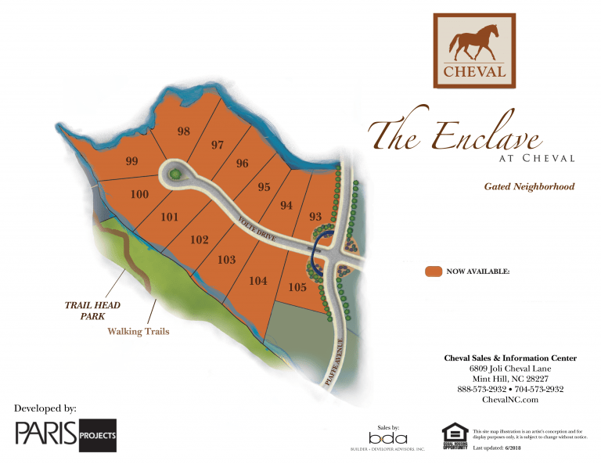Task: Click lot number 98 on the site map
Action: point(184,131)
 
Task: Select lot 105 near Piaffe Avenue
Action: point(297,288)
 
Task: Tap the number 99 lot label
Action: point(131,162)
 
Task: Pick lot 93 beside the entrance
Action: point(315,217)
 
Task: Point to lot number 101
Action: point(169,218)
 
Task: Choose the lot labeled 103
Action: point(227,260)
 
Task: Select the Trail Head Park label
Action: point(93,311)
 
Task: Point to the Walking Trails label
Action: point(139,332)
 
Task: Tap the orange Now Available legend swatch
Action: point(434,272)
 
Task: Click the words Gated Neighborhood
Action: point(529,187)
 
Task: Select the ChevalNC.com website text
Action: point(510,400)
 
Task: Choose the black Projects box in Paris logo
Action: point(98,435)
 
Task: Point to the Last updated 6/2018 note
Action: point(501,448)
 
